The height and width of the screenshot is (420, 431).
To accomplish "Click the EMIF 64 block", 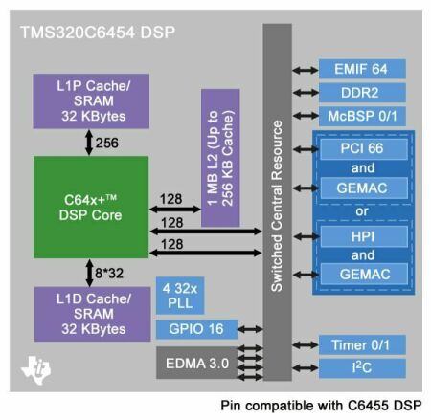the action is pyautogui.click(x=362, y=69).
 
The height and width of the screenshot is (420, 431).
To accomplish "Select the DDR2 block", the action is pyautogui.click(x=362, y=93).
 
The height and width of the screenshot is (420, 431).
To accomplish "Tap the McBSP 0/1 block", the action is pyautogui.click(x=362, y=117).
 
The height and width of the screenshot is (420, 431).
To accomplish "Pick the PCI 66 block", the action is pyautogui.click(x=364, y=149).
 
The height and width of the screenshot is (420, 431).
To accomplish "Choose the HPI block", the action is pyautogui.click(x=364, y=236).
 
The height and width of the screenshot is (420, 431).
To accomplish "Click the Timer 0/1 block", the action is pyautogui.click(x=362, y=344).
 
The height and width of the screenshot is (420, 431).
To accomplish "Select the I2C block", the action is pyautogui.click(x=362, y=368).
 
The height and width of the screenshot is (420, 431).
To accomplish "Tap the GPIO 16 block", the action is pyautogui.click(x=196, y=329).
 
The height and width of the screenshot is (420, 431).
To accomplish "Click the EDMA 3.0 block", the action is pyautogui.click(x=197, y=363).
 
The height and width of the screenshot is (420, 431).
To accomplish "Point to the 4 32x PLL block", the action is pyautogui.click(x=180, y=296).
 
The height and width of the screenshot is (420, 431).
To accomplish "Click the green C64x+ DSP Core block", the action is pyautogui.click(x=91, y=208).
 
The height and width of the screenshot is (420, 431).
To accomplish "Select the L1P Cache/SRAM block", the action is pyautogui.click(x=91, y=101).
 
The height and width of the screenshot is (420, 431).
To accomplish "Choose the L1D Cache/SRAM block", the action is pyautogui.click(x=92, y=314).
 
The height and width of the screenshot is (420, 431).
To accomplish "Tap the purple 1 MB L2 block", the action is pyautogui.click(x=220, y=158).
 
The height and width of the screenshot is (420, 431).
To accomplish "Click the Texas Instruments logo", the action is pyautogui.click(x=36, y=370).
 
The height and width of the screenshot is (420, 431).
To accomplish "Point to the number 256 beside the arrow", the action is pyautogui.click(x=107, y=143).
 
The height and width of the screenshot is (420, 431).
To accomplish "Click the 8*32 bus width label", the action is pyautogui.click(x=109, y=274).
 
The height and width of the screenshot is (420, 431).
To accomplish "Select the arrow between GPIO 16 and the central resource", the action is pyautogui.click(x=250, y=329).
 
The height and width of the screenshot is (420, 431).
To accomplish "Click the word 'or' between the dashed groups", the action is pyautogui.click(x=362, y=211).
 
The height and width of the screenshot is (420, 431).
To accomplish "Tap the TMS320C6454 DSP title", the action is pyautogui.click(x=98, y=33).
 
